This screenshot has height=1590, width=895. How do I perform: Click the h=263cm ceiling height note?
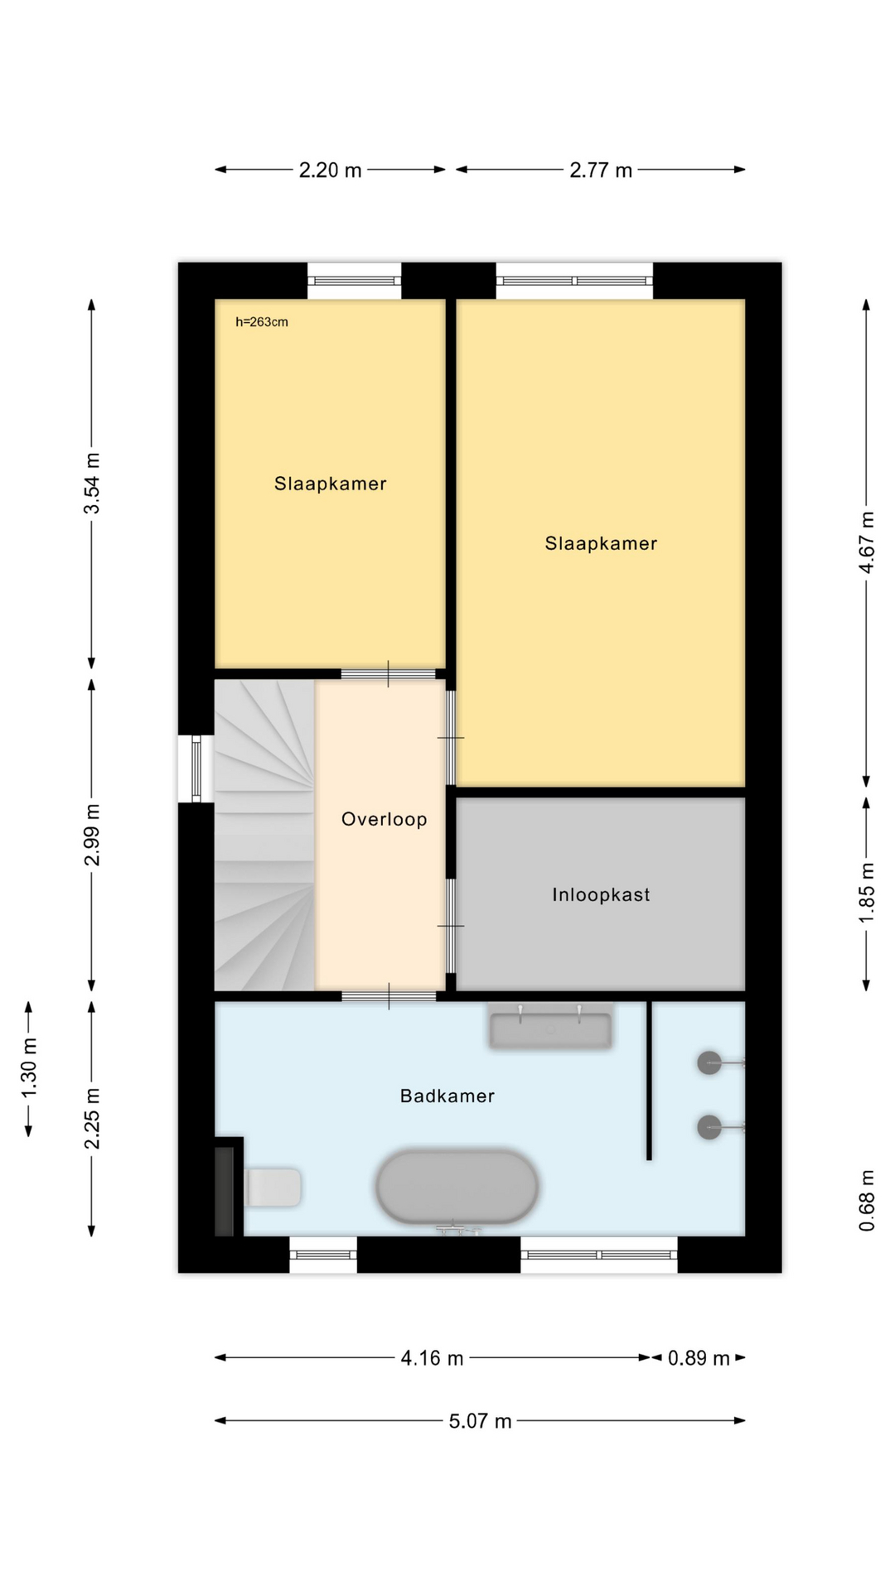262,322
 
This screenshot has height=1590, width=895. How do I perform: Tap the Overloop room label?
385,820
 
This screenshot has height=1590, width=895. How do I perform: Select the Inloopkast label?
601,894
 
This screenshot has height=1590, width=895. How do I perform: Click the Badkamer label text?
447,1096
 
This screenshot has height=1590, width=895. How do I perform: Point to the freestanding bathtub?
457,1186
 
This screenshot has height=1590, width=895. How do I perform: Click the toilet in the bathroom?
273,1188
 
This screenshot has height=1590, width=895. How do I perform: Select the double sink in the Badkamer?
550,1027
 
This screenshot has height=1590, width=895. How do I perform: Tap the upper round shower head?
709,1062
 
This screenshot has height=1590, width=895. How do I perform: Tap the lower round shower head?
709,1127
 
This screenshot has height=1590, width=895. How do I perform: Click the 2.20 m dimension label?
331,171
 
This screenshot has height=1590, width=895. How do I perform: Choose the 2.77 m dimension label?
601,171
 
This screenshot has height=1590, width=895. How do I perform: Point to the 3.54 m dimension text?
92,484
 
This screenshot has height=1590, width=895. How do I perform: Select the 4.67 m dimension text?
867,542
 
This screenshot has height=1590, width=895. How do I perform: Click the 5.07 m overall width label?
481,1422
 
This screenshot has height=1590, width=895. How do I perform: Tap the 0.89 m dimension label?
699,1359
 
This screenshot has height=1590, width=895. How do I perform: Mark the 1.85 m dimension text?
867,894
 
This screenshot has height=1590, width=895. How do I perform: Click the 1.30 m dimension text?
29,1068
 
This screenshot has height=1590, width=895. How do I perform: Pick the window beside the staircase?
196,769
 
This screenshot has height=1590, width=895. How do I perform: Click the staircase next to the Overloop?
264,836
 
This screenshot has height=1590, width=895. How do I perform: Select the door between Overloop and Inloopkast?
452,926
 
